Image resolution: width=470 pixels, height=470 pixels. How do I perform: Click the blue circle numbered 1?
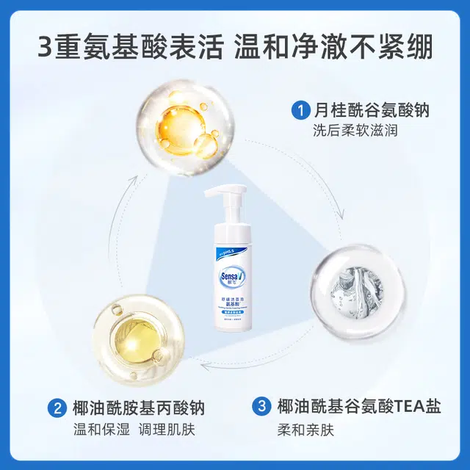(299, 112)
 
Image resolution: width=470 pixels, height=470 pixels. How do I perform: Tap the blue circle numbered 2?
(58, 408)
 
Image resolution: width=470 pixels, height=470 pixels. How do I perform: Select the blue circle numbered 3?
(261, 406)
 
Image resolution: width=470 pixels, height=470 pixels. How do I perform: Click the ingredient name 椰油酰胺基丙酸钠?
(139, 408)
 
